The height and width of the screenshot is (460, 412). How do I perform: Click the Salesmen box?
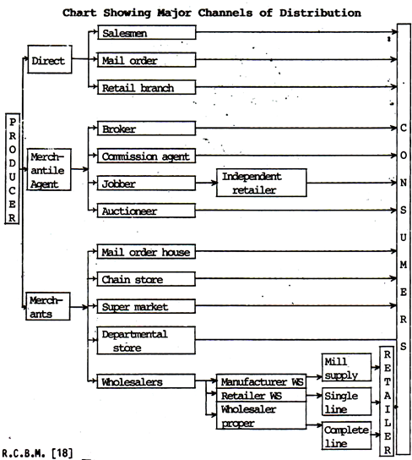[147, 32]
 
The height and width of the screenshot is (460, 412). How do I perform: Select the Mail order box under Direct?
[146, 60]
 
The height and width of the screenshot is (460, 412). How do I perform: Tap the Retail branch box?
[146, 87]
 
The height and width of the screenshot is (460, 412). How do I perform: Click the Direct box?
[50, 59]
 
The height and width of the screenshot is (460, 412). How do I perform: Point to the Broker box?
[146, 129]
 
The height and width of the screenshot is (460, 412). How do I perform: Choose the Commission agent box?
[146, 156]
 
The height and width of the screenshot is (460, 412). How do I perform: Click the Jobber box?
[146, 183]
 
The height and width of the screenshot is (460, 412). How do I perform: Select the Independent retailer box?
[262, 183]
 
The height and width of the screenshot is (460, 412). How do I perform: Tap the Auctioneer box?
[146, 211]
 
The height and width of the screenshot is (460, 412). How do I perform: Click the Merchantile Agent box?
[49, 170]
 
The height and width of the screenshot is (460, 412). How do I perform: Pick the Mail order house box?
[146, 251]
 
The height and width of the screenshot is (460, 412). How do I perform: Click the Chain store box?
[146, 279]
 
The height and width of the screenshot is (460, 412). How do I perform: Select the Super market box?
[146, 306]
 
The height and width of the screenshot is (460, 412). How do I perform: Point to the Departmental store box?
[146, 340]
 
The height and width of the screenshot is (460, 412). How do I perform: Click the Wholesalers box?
[146, 381]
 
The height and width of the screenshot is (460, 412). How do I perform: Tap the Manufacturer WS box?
[262, 381]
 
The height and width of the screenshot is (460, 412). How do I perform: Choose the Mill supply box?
[347, 368]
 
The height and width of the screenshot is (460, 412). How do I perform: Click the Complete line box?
[347, 435]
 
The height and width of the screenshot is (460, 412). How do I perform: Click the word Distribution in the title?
[320, 13]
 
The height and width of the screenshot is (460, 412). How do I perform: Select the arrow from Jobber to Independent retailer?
[207, 183]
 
